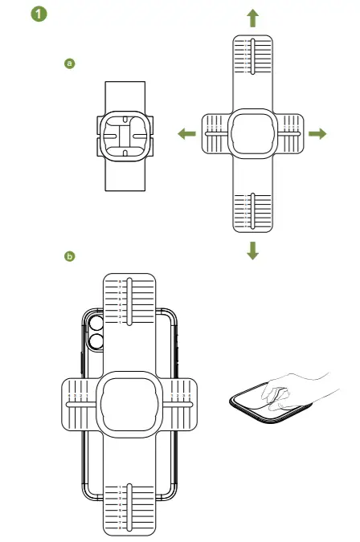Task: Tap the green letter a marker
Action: (x=69, y=63)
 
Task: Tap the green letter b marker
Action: (x=69, y=256)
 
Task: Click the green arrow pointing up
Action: (x=253, y=18)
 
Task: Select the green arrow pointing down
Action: (x=253, y=251)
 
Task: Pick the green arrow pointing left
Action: (x=186, y=134)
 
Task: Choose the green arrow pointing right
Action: (x=318, y=134)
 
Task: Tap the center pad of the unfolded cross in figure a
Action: (x=252, y=134)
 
